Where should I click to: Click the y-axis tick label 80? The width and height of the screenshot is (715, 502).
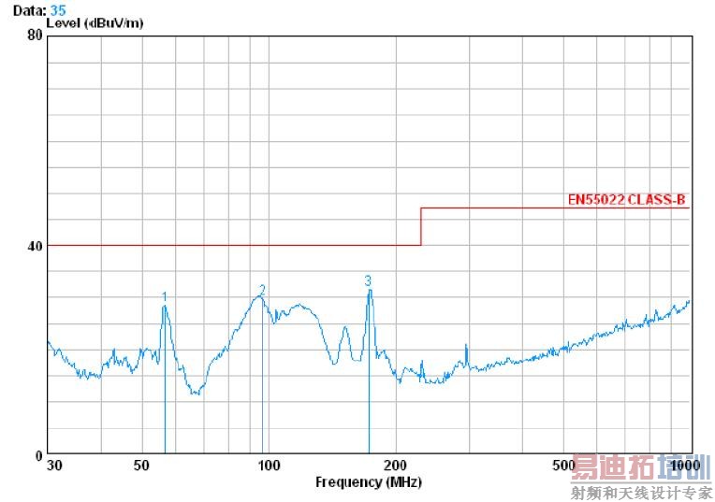(x=36, y=36)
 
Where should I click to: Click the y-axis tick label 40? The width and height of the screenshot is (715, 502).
(x=36, y=246)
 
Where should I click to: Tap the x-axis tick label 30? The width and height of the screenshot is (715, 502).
(x=53, y=466)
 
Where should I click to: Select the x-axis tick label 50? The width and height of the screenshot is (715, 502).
(x=141, y=466)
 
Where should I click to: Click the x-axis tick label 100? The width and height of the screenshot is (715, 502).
(x=269, y=466)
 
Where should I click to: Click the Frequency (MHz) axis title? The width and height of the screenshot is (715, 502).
(x=368, y=482)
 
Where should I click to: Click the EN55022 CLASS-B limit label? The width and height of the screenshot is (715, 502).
(x=626, y=199)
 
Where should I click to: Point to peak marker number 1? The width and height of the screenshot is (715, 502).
(x=165, y=296)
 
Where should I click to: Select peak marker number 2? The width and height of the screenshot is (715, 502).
(x=262, y=290)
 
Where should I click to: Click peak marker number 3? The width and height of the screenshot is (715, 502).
(x=368, y=280)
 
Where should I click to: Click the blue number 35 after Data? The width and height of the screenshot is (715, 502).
(x=58, y=9)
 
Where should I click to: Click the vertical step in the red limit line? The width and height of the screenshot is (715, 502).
(x=421, y=226)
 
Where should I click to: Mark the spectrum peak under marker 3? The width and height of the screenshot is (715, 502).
(x=370, y=291)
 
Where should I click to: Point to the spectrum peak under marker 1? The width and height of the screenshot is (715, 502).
(x=165, y=307)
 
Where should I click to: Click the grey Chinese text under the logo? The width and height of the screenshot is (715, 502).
(x=641, y=492)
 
